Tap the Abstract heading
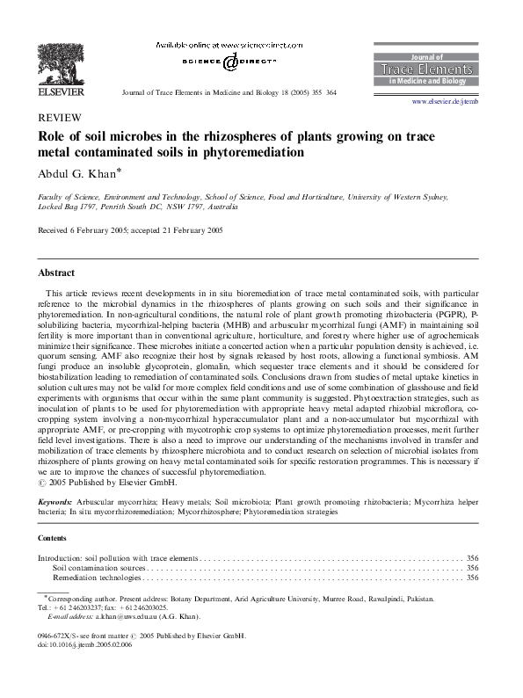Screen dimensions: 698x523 pyautogui.click(x=56, y=273)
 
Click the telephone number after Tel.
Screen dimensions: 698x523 pyautogui.click(x=84, y=607)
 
